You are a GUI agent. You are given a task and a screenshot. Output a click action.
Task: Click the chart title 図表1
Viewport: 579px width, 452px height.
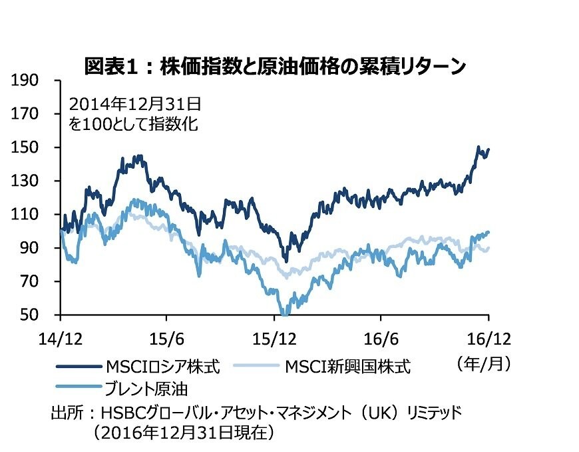(274, 67)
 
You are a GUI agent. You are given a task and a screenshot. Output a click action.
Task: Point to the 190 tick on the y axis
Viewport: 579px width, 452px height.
(27, 81)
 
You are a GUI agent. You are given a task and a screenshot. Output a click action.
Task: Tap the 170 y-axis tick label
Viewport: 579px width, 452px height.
(27, 114)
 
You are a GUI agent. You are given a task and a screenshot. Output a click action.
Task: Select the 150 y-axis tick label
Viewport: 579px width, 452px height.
(27, 147)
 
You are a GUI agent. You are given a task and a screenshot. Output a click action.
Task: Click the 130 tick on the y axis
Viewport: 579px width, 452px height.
(27, 181)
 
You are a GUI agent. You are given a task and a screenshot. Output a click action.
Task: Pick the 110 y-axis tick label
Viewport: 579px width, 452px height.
(27, 215)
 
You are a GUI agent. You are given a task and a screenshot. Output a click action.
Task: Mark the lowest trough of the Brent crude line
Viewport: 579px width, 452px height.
(285, 313)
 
